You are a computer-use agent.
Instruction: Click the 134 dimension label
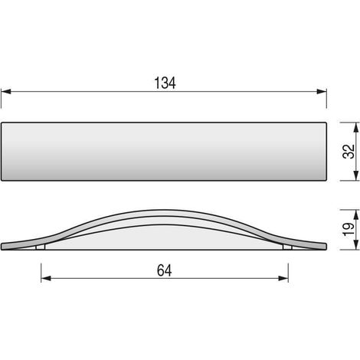[x=165, y=83]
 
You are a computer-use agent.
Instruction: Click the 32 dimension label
[x=349, y=152]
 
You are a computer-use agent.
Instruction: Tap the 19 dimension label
[x=349, y=229]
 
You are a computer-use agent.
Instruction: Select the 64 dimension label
[x=164, y=270]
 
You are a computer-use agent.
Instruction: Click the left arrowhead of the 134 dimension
[x=6, y=91]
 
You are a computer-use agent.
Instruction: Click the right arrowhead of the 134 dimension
[x=322, y=91]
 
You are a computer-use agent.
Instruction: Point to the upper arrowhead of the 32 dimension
[x=355, y=127]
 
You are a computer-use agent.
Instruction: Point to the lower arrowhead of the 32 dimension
[x=355, y=175]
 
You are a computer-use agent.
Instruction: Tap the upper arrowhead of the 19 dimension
[x=355, y=214]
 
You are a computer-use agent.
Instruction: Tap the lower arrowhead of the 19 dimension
[x=355, y=245]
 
